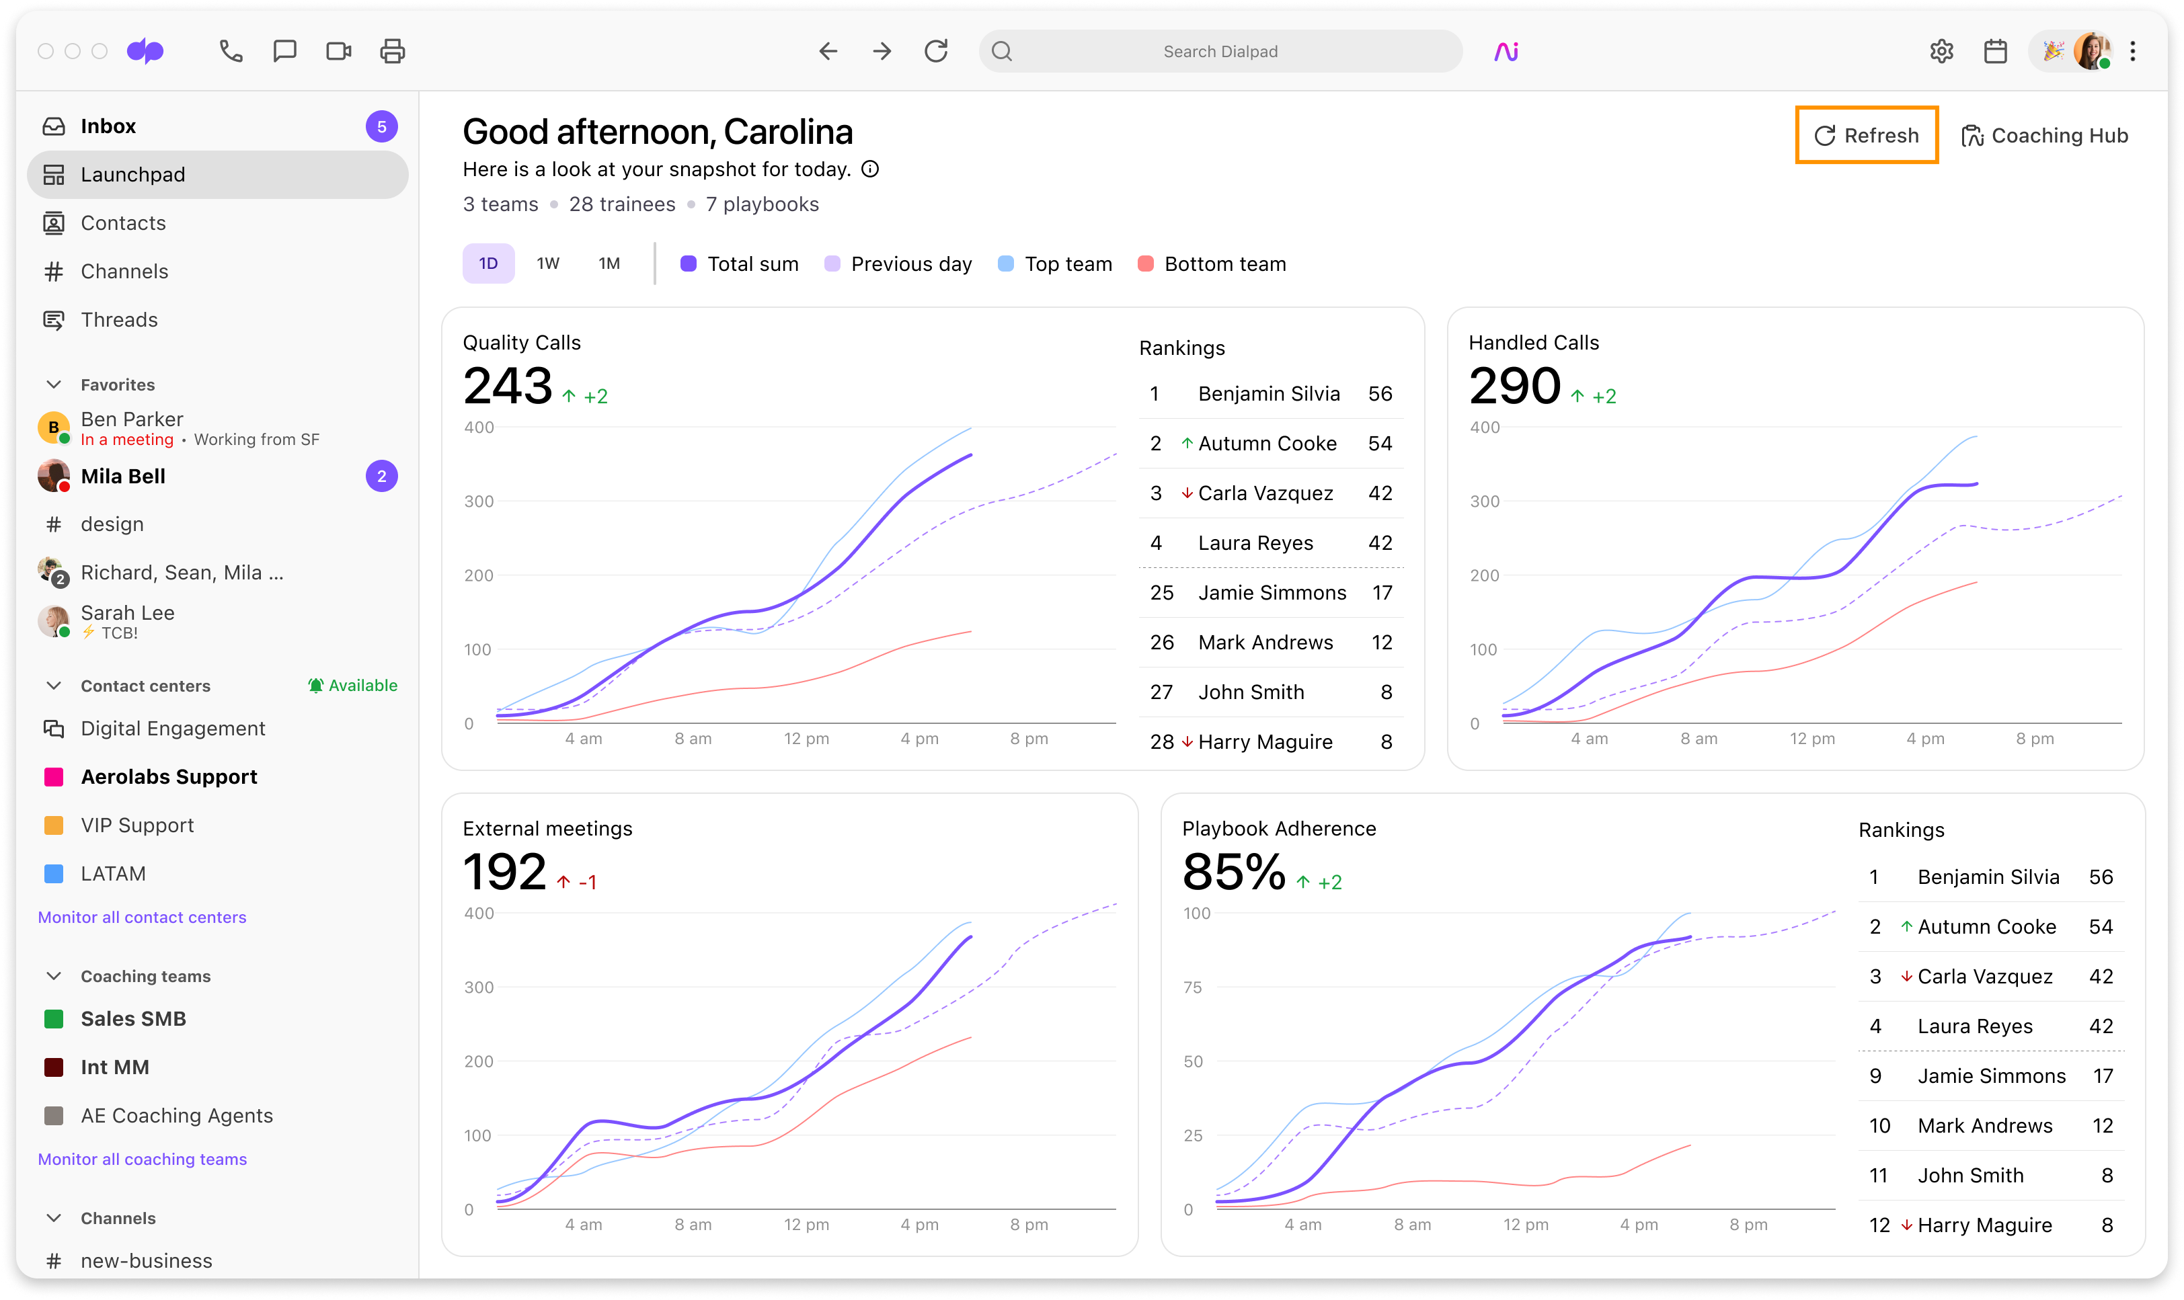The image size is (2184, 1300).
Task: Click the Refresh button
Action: click(1866, 135)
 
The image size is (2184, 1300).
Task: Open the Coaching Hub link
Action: click(2045, 136)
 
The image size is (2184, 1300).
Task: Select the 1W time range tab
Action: click(547, 263)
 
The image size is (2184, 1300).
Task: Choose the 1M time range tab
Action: click(609, 263)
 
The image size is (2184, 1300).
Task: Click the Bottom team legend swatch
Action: click(1145, 263)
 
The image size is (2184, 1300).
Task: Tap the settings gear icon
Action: click(1941, 52)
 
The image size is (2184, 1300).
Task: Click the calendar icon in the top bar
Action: click(1996, 52)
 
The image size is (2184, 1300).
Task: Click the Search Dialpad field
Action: click(1220, 52)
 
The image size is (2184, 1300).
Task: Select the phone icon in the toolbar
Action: click(231, 52)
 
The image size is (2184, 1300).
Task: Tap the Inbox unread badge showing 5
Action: click(381, 126)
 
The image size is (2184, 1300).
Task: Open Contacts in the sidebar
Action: click(122, 223)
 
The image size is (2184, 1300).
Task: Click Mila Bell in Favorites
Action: click(122, 477)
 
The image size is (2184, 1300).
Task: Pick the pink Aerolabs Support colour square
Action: click(53, 777)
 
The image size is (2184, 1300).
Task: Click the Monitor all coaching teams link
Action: click(142, 1159)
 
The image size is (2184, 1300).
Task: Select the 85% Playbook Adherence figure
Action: click(1233, 872)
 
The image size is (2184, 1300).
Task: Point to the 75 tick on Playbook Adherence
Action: click(1192, 987)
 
